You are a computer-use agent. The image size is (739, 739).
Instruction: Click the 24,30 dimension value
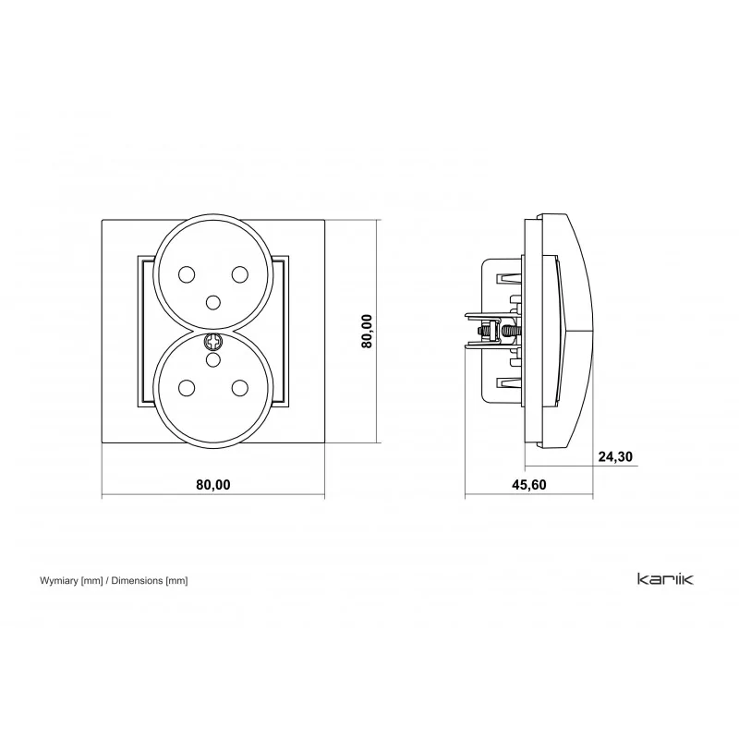click(615, 456)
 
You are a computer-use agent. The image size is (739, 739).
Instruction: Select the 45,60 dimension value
click(528, 485)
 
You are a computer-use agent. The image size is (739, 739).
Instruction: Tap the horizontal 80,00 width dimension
click(213, 485)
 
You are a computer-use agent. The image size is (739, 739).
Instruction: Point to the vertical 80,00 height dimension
click(367, 331)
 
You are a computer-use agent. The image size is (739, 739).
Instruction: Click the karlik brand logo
click(665, 579)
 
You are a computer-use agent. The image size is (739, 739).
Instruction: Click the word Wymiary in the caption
click(58, 581)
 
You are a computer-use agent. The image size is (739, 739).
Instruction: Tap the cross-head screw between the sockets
click(213, 341)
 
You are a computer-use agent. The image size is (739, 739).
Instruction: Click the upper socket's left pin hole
click(187, 274)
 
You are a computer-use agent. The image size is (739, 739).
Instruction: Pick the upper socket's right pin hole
click(240, 274)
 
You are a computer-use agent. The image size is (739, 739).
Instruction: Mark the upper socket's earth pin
click(213, 302)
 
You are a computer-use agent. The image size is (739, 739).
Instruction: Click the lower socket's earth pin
click(213, 360)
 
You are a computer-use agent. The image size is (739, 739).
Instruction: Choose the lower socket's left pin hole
click(187, 388)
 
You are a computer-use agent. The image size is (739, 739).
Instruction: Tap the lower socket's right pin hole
click(240, 388)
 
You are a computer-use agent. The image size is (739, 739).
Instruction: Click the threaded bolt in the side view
click(498, 331)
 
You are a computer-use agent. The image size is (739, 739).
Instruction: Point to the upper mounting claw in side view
click(509, 278)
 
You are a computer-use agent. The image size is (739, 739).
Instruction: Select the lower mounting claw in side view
click(509, 383)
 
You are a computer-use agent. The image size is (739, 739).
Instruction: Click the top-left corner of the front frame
click(103, 219)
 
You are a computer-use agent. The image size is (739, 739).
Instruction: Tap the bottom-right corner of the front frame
click(325, 442)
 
